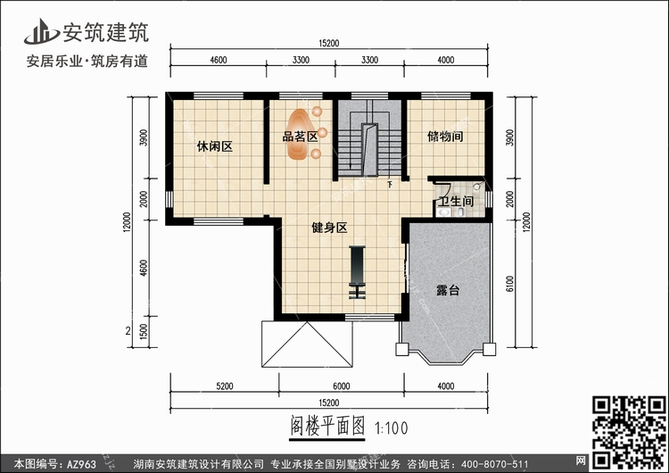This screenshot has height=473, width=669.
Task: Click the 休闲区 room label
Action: pos(215,147)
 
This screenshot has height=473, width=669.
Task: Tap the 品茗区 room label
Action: pos(301,137)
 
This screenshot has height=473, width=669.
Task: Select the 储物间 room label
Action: pos(445,137)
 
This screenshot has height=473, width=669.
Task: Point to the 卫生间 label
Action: pos(456,201)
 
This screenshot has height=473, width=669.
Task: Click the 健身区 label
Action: pos(329,228)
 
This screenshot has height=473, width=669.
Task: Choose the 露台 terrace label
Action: pos(448,291)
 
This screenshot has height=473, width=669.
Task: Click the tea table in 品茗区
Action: pos(300,134)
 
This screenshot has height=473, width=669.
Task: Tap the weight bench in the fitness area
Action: pos(357,272)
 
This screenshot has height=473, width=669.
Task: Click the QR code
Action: pos(629,432)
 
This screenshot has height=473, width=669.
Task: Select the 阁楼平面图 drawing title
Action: pos(327,426)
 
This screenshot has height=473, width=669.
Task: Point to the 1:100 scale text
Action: pos(392,427)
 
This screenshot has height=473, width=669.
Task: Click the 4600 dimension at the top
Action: pos(219,60)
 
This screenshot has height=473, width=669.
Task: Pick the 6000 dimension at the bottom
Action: pos(342,386)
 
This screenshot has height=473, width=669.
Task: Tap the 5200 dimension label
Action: pos(225,386)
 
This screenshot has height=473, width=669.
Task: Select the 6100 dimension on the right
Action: pos(510,284)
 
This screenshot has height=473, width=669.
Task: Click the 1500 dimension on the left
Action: pos(144,332)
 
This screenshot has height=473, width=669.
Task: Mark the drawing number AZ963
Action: pos(80,464)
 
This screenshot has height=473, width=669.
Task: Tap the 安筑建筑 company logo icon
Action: pos(41,31)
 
